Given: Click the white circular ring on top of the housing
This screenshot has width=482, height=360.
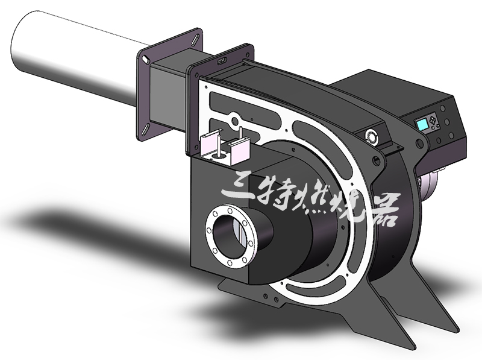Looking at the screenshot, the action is tap(372, 136).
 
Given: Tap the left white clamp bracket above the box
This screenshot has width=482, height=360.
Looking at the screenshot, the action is tap(210, 144).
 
